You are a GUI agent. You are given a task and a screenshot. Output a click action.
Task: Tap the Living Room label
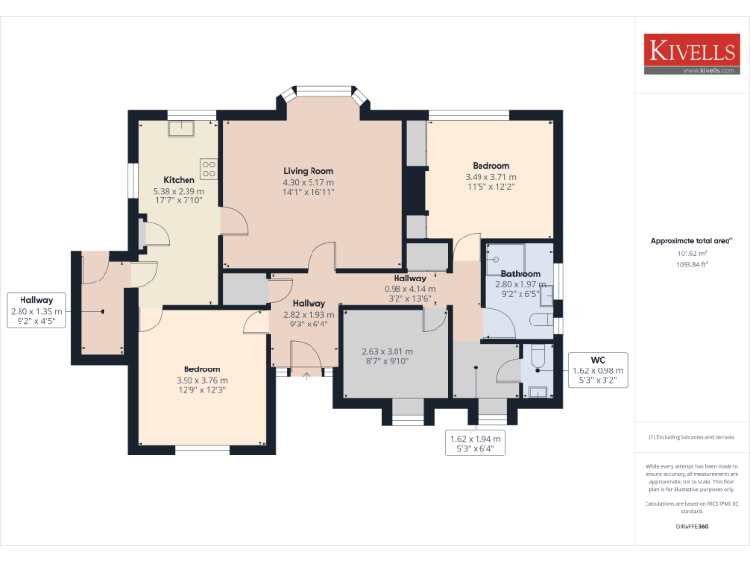pyautogui.click(x=309, y=171)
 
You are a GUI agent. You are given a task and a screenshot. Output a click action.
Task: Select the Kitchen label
pyautogui.click(x=179, y=180)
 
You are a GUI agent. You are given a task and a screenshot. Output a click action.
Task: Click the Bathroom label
pyautogui.click(x=521, y=274)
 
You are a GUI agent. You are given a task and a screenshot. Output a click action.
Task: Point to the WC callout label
pyautogui.click(x=598, y=359)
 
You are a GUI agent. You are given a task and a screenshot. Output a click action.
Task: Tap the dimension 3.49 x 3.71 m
pyautogui.click(x=490, y=176)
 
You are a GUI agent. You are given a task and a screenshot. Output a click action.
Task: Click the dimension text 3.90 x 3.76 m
pyautogui.click(x=201, y=380)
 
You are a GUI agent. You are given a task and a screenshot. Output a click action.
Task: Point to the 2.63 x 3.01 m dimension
pyautogui.click(x=387, y=351)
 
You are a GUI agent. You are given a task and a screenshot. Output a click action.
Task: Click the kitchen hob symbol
pyautogui.click(x=208, y=167)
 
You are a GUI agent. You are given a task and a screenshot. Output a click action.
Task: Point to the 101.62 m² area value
pyautogui.click(x=691, y=252)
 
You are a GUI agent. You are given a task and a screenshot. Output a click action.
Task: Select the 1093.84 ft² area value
pyautogui.click(x=691, y=264)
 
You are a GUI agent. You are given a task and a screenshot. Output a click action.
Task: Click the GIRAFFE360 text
pyautogui.click(x=691, y=527)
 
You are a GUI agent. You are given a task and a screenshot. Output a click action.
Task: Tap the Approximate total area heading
pyautogui.click(x=690, y=240)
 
